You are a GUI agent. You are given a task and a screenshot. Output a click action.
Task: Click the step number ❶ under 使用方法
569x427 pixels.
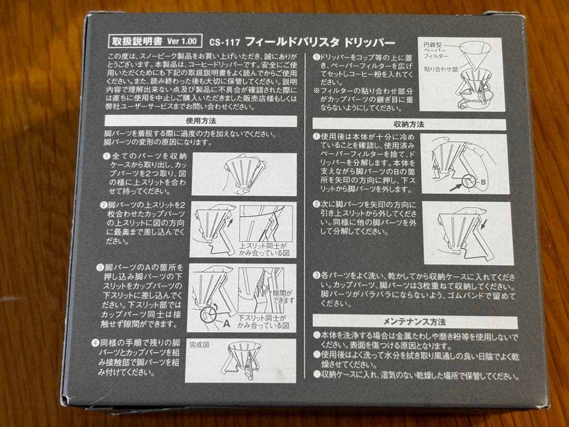point(106,157)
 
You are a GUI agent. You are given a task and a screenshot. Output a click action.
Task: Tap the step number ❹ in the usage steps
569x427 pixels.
point(106,344)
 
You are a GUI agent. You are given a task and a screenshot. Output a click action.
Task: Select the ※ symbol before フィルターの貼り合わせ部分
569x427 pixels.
point(316,90)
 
